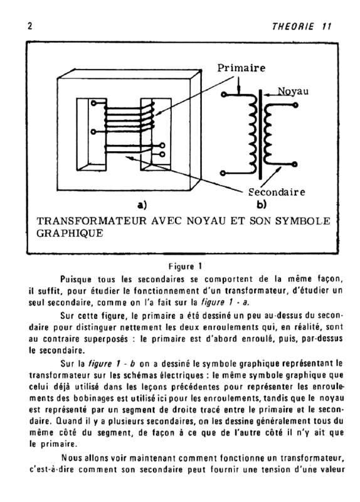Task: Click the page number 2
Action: click(x=29, y=26)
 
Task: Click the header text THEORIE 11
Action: click(x=302, y=26)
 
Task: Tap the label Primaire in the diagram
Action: click(x=241, y=68)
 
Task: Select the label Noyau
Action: click(x=293, y=91)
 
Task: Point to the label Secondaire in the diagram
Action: click(x=277, y=192)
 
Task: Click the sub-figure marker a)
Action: click(x=142, y=205)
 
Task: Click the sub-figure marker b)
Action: click(x=262, y=205)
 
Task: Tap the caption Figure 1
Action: click(x=185, y=266)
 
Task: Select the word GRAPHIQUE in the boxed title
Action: click(x=70, y=233)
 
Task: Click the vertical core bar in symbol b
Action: click(x=260, y=134)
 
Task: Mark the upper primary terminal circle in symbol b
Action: click(x=224, y=94)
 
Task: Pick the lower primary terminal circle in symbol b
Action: click(x=223, y=173)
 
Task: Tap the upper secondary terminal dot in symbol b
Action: click(x=295, y=105)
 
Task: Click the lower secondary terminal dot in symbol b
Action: click(x=295, y=164)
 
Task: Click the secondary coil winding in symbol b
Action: click(x=267, y=134)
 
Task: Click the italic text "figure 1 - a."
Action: click(x=226, y=302)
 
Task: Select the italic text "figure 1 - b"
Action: click(x=111, y=364)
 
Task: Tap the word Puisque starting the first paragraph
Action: click(x=76, y=279)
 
